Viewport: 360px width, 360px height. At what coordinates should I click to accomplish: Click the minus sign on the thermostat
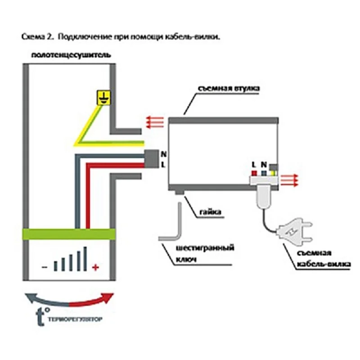pyautogui.click(x=44, y=267)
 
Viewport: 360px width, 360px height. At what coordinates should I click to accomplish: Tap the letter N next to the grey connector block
pyautogui.click(x=163, y=153)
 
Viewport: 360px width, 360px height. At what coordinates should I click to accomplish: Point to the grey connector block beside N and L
pyautogui.click(x=150, y=159)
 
